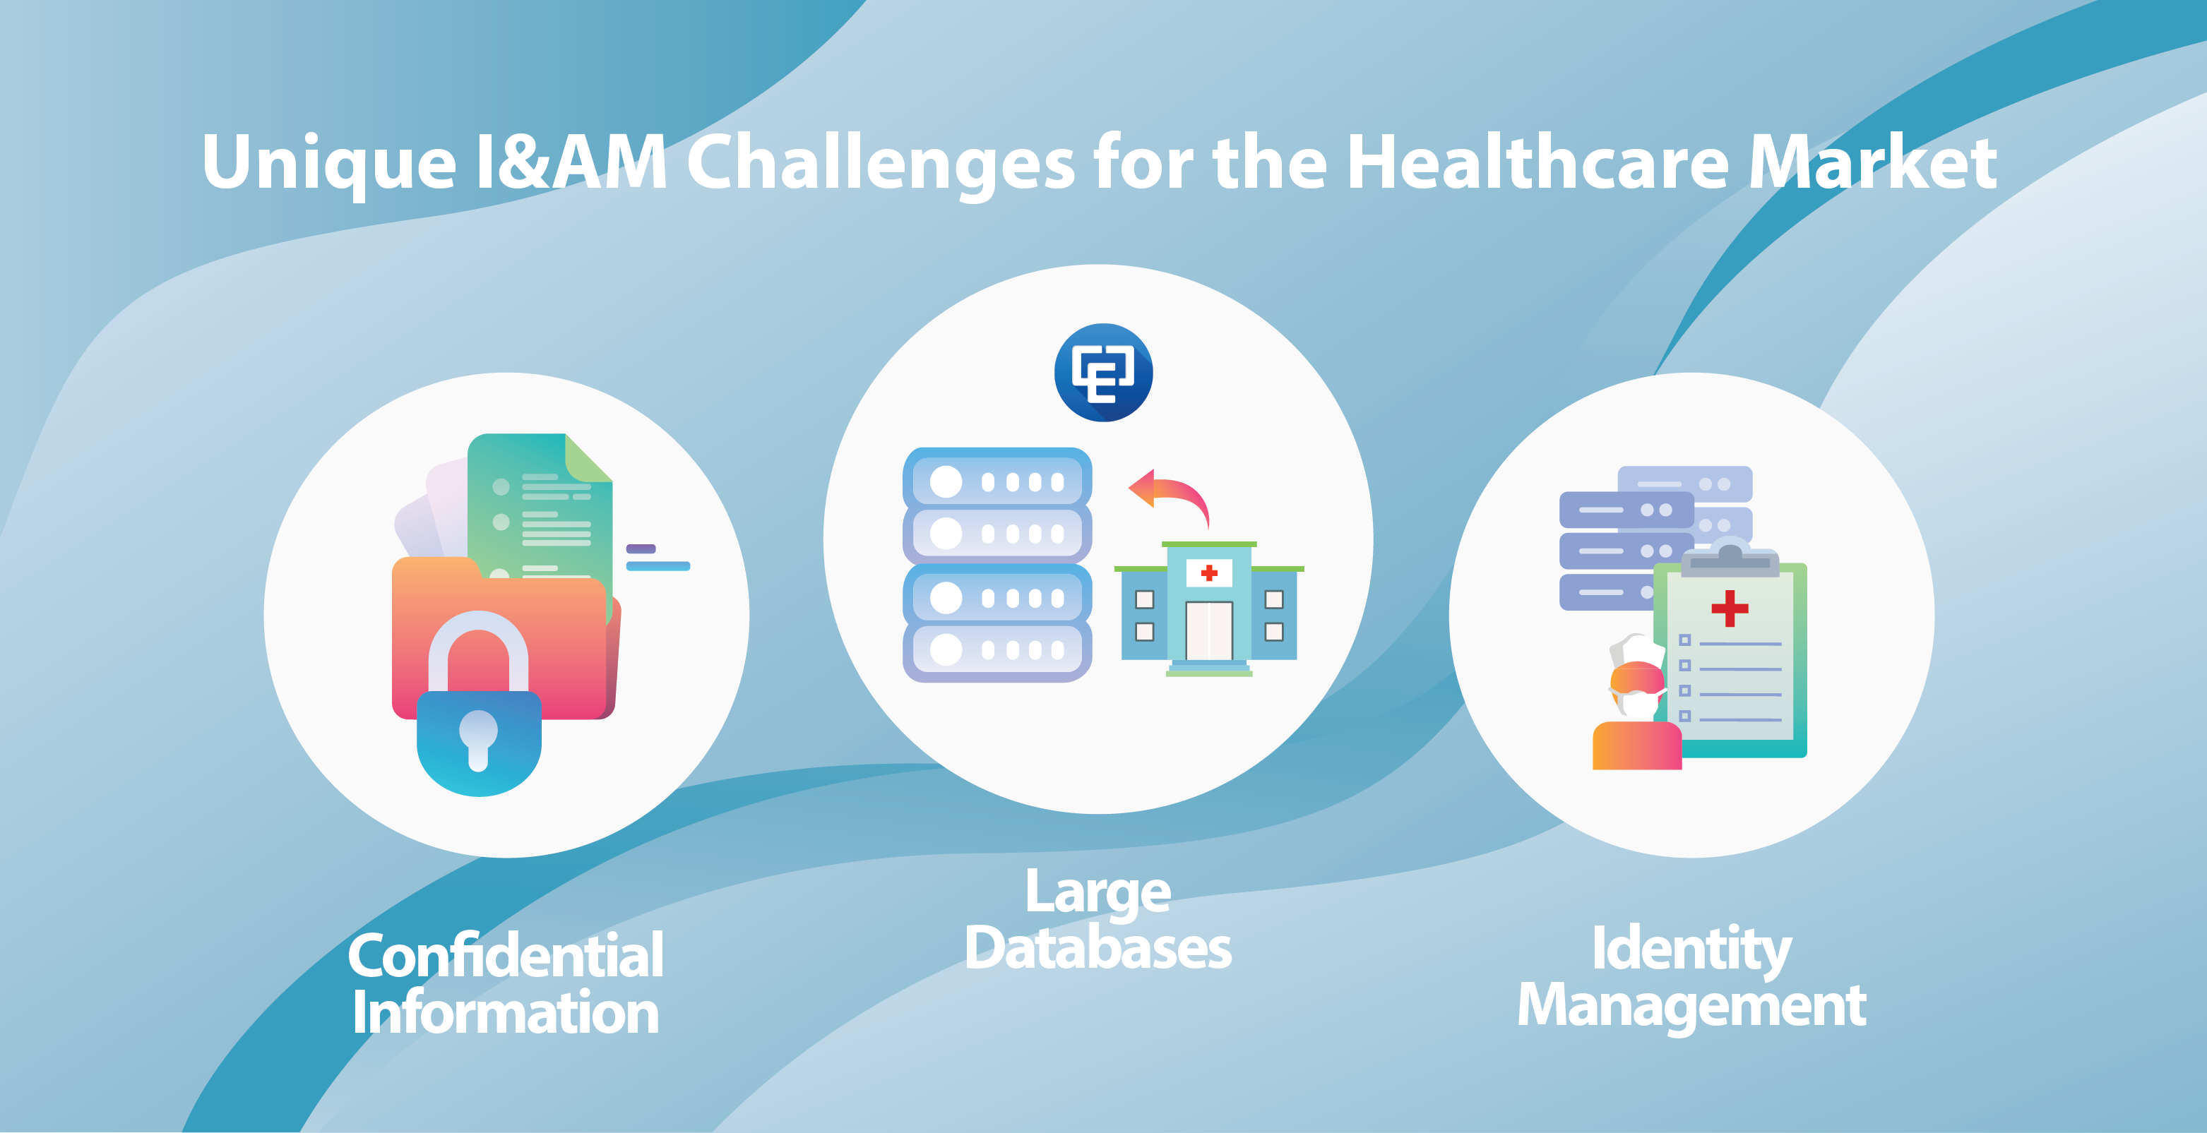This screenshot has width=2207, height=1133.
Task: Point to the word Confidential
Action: coord(506,956)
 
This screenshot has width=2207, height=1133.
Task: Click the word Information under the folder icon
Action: coord(506,1012)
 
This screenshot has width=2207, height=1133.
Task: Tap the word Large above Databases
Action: coord(1097,893)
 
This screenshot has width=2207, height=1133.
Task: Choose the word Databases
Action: coord(1097,948)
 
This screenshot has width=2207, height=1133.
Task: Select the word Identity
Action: coord(1691,949)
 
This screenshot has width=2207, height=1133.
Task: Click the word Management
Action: coord(1691,1005)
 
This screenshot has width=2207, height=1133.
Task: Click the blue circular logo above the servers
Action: coord(1103,373)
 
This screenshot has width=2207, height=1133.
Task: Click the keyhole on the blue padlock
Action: coord(478,739)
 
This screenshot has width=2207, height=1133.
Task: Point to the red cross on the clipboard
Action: coord(1729,608)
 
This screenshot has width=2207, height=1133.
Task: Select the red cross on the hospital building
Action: coord(1209,573)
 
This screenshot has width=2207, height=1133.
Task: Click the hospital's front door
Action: coord(1209,631)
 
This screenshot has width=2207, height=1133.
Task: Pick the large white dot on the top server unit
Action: coord(946,481)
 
